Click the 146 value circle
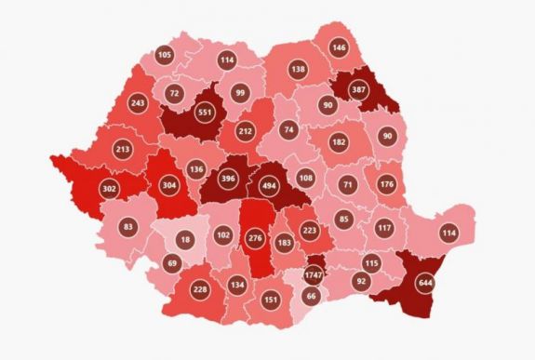(339, 47)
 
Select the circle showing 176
(387, 183)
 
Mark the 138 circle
(298, 70)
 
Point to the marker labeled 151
(271, 300)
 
